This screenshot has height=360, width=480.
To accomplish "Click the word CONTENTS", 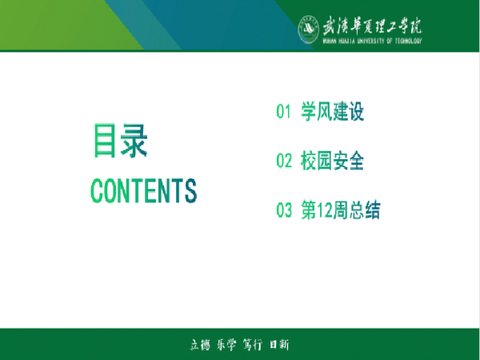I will coord(144,190).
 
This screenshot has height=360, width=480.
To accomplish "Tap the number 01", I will coord(282,113).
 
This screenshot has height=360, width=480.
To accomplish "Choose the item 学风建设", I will coord(332,113).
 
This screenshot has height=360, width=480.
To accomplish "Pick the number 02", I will coord(283,162).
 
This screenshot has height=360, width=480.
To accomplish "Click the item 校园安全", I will coord(332,162).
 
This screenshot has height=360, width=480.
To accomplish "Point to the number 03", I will coord(283,211).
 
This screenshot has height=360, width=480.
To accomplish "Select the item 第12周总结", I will coord(340,211).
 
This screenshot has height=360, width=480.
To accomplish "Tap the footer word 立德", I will coord(198,345).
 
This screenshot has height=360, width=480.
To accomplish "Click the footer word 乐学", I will coord(226,345).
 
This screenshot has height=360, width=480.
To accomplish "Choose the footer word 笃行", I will coord(252,345).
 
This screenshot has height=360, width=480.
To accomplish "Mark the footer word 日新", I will coord(278,345).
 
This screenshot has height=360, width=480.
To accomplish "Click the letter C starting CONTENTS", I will coord(98,190).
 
